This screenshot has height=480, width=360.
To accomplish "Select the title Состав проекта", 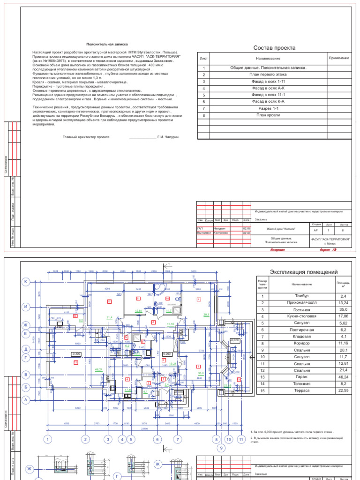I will tap(274, 48).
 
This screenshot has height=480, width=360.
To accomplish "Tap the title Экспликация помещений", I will tap(304, 272).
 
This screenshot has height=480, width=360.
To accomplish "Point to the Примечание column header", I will tap(338, 58).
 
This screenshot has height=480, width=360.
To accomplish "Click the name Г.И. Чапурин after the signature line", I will tap(172, 137).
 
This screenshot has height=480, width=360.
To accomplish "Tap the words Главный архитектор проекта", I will tap(86, 137).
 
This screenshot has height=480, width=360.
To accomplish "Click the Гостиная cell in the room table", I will tap(302, 310).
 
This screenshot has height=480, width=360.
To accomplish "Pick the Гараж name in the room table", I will tap(302, 377).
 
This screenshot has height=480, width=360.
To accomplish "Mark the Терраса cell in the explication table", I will tap(302, 390).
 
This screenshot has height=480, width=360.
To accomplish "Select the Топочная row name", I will tap(302, 383).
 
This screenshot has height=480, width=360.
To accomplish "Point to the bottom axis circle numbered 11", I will tap(241, 440).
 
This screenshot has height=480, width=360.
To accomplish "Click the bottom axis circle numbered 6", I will tap(157, 440).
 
